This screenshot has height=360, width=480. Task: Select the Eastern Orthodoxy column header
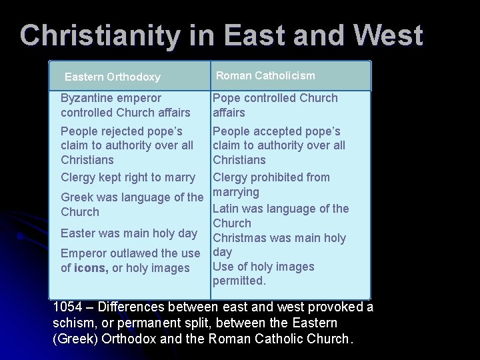click(x=112, y=77)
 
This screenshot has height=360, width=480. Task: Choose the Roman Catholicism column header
click(x=265, y=76)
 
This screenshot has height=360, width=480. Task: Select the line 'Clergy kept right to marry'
click(x=128, y=177)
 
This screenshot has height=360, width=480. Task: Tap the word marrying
click(x=235, y=193)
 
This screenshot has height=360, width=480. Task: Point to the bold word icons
click(x=91, y=268)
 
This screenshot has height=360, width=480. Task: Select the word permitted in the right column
click(x=238, y=281)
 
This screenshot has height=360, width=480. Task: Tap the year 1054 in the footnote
click(x=67, y=307)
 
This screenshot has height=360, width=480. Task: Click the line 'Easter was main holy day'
click(x=129, y=233)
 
